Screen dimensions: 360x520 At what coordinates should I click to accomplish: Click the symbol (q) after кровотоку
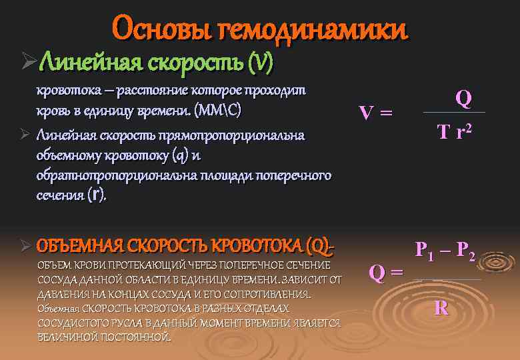pos(177,156)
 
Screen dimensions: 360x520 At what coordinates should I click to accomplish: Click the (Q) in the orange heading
pos(320,245)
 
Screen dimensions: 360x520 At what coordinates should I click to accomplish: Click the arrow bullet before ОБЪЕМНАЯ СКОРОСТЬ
pos(25,246)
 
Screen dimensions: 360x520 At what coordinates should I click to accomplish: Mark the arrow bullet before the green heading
pos(27,63)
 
